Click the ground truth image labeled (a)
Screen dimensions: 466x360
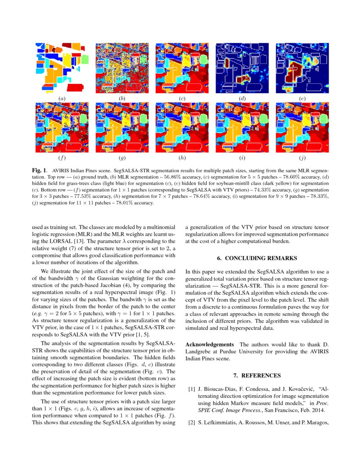coord(62,68)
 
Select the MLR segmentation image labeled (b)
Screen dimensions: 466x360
coord(122,68)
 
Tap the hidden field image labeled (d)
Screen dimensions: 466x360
coord(242,68)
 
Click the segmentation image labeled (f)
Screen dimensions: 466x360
coord(62,127)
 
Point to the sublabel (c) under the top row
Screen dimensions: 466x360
coord(182,99)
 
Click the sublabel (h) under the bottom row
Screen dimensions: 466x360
coord(182,158)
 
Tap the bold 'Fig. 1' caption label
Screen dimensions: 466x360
coord(39,169)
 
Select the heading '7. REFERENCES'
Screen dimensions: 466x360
coord(257,375)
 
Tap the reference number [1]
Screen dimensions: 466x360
coord(191,388)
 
